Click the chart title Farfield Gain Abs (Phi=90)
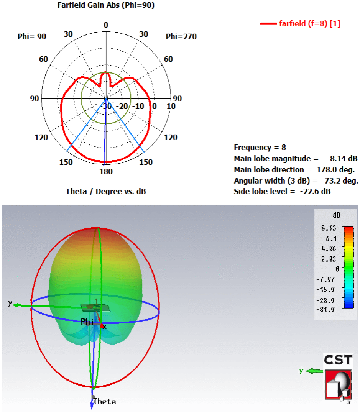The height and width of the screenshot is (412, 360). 106,6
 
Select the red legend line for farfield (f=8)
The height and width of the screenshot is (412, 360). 268,24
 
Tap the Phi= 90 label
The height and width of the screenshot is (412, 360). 32,37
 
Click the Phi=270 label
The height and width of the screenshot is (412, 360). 181,37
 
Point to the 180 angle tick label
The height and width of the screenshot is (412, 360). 106,171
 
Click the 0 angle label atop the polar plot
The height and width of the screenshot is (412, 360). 106,25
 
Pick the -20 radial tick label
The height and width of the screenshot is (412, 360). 123,106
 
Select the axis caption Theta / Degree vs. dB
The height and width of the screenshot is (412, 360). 106,191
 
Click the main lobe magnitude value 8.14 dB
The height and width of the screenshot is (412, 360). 344,159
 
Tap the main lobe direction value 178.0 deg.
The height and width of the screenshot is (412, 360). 336,169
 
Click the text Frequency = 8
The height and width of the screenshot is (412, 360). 260,148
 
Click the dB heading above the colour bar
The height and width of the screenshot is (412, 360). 336,215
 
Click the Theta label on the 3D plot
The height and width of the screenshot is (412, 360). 105,401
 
